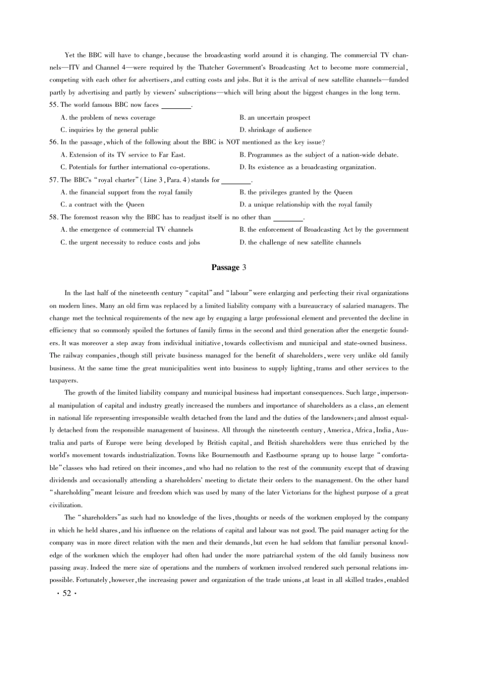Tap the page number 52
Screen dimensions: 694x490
pyautogui.click(x=67, y=593)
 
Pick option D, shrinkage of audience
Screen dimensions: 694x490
pyautogui.click(x=275, y=130)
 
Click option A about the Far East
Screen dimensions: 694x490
pyautogui.click(x=123, y=155)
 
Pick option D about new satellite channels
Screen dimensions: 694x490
pyautogui.click(x=300, y=243)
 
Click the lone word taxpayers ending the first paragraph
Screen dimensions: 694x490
pyautogui.click(x=63, y=381)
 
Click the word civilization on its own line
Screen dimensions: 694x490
pyautogui.click(x=66, y=505)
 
